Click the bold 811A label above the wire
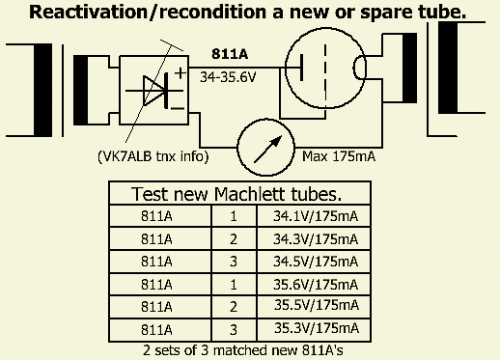click(x=230, y=54)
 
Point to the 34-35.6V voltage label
click(x=228, y=77)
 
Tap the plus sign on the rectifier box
click(x=181, y=73)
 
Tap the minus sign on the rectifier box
click(x=178, y=108)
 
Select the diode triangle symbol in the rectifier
click(x=153, y=91)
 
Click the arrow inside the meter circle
click(x=268, y=149)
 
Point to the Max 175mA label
click(x=339, y=156)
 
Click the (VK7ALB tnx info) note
click(x=153, y=156)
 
